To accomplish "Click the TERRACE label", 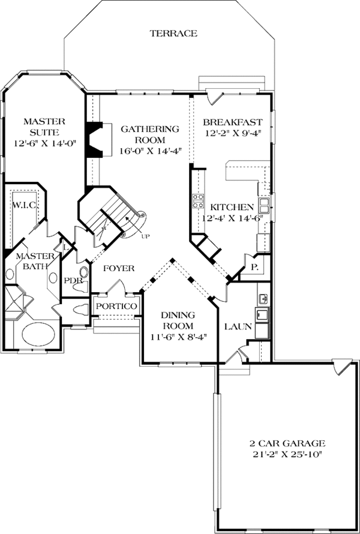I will [x=173, y=34].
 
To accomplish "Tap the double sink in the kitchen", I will [x=265, y=208].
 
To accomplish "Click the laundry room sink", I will [x=263, y=298].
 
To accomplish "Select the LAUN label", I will [x=233, y=327].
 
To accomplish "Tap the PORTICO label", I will [x=116, y=307].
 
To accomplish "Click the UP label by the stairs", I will [x=145, y=236].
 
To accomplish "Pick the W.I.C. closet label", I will [x=25, y=205].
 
